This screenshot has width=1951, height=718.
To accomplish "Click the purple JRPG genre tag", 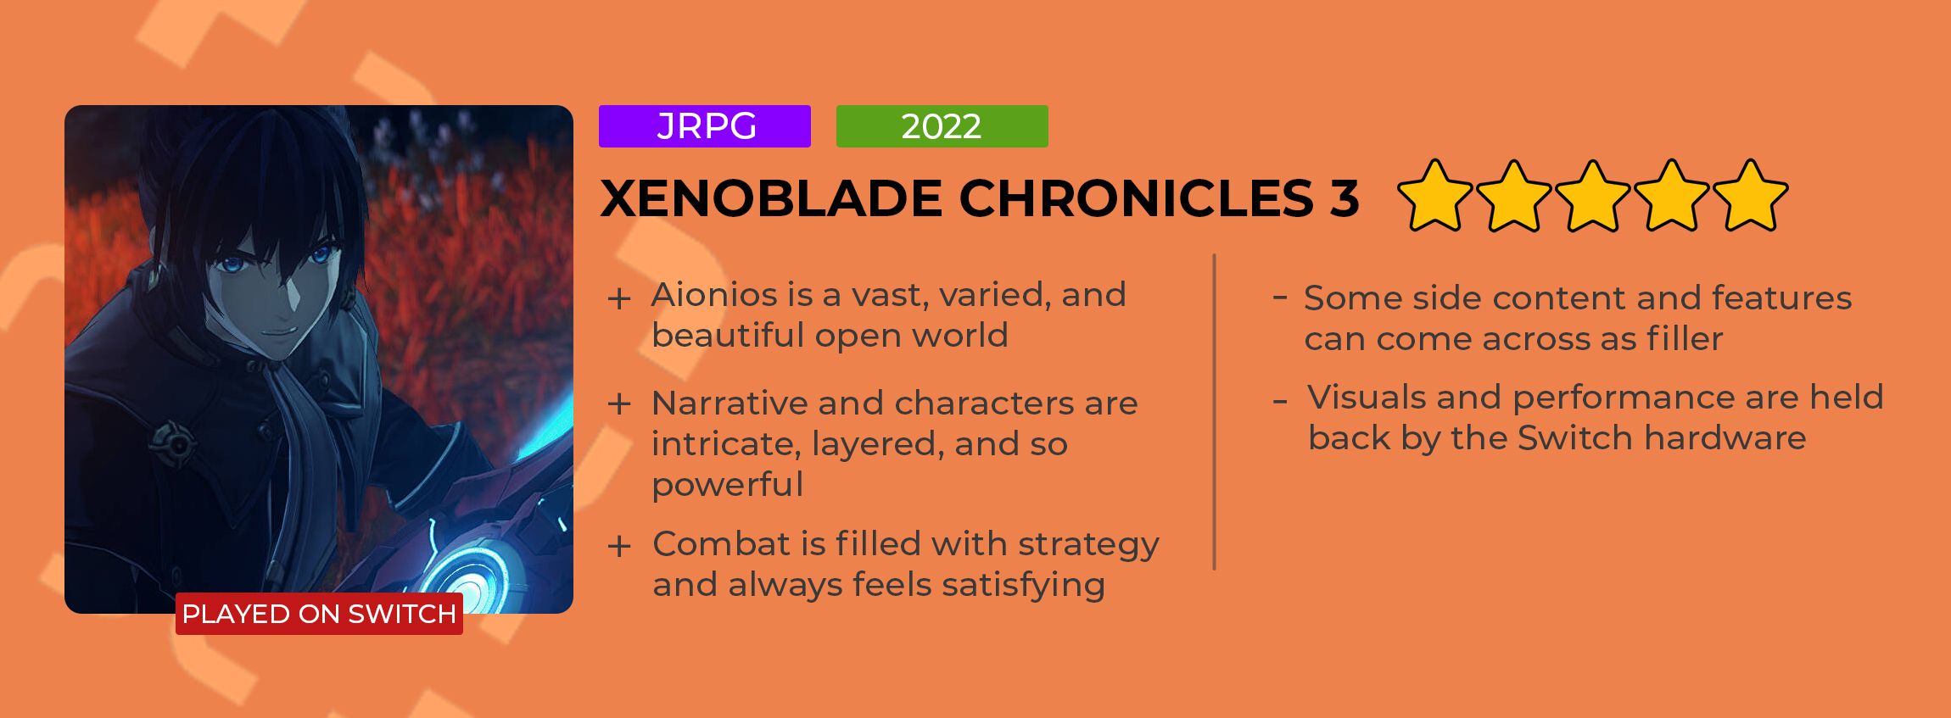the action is pyautogui.click(x=705, y=126).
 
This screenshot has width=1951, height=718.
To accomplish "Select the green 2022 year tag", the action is pyautogui.click(x=942, y=126).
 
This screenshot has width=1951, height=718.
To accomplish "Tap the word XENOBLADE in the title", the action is pyautogui.click(x=771, y=198).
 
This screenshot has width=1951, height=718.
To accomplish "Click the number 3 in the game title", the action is pyautogui.click(x=1344, y=198).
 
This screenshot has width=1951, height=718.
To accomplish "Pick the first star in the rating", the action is pyautogui.click(x=1435, y=197).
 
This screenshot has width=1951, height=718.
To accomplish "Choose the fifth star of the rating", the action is pyautogui.click(x=1751, y=197).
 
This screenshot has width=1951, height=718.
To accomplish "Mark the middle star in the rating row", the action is pyautogui.click(x=1593, y=197).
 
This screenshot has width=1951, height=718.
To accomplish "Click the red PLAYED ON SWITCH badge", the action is pyautogui.click(x=319, y=614).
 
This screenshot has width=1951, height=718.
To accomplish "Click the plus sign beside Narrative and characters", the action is pyautogui.click(x=619, y=404).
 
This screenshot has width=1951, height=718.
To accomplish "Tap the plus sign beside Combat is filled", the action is pyautogui.click(x=619, y=546).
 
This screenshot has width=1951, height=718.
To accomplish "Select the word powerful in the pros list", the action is pyautogui.click(x=728, y=486).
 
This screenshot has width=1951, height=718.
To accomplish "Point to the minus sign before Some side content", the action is pyautogui.click(x=1280, y=298).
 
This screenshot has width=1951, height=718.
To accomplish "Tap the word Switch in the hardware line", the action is pyautogui.click(x=1574, y=437).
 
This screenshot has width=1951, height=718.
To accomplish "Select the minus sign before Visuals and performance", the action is pyautogui.click(x=1280, y=400).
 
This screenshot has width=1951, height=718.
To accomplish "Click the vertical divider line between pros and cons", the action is pyautogui.click(x=1215, y=412).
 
